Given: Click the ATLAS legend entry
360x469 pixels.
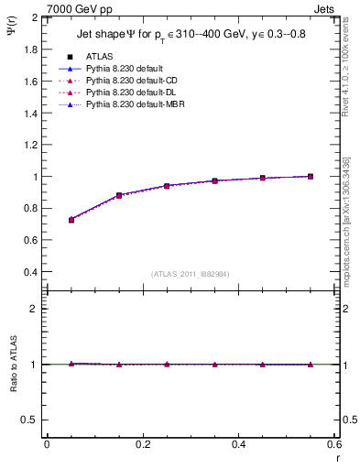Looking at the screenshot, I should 100,57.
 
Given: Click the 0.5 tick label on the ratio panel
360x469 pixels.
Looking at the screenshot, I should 31,420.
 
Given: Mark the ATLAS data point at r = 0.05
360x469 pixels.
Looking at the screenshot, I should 71,220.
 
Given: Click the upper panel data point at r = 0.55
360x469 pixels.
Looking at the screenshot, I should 311,176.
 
